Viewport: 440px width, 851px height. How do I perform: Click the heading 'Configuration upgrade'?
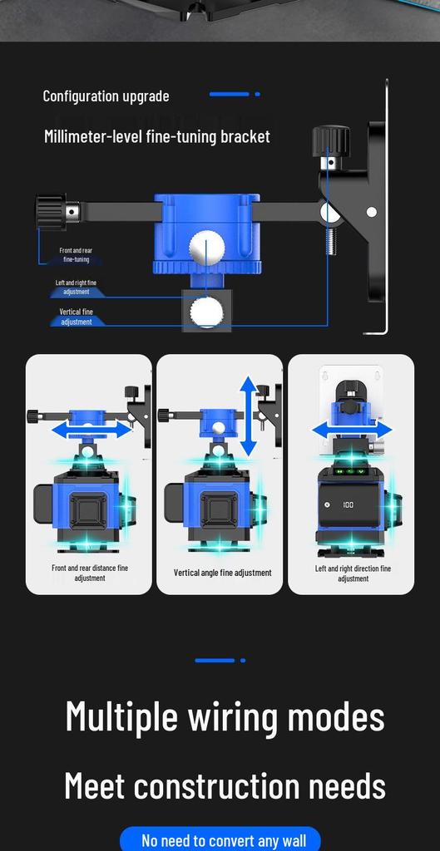pyautogui.click(x=106, y=96)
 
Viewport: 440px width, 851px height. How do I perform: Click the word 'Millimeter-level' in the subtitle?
pyautogui.click(x=93, y=136)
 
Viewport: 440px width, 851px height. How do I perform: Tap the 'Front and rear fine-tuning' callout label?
pyautogui.click(x=76, y=255)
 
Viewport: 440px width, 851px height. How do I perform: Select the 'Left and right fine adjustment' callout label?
pyautogui.click(x=76, y=287)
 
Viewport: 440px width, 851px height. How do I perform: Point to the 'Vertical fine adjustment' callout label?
pyautogui.click(x=76, y=317)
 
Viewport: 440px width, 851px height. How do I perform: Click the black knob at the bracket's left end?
pyautogui.click(x=51, y=211)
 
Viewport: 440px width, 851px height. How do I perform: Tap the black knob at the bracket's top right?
pyautogui.click(x=331, y=140)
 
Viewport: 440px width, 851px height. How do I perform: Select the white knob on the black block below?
pyautogui.click(x=206, y=312)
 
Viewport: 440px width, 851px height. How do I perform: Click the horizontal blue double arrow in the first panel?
pyautogui.click(x=91, y=430)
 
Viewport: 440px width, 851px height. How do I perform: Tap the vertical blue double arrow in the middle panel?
pyautogui.click(x=248, y=416)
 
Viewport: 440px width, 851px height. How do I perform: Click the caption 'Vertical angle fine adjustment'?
pyautogui.click(x=223, y=573)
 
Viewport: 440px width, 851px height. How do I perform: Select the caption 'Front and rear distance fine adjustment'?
pyautogui.click(x=90, y=573)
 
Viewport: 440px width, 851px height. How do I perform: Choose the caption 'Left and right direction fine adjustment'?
pyautogui.click(x=353, y=573)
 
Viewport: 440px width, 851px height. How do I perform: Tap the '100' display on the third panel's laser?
pyautogui.click(x=349, y=505)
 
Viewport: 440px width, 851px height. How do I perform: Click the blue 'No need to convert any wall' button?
pyautogui.click(x=220, y=839)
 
